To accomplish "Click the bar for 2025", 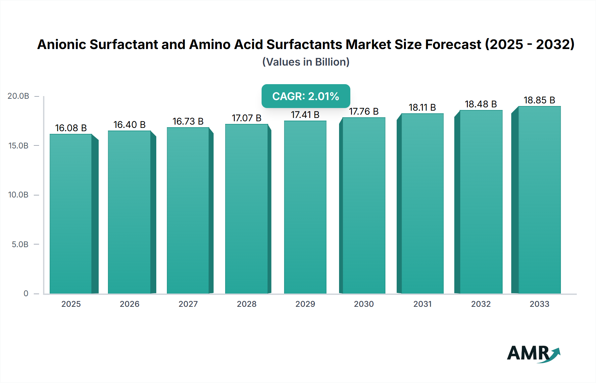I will point(71,214).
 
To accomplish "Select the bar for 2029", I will point(305,207).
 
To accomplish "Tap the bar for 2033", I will point(539,200).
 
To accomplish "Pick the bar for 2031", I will point(422,203).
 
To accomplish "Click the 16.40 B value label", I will point(129,125).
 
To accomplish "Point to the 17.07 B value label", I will point(246,118).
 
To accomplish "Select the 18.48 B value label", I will point(481,104).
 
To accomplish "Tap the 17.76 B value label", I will point(364,111).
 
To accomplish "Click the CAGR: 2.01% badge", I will point(306,96).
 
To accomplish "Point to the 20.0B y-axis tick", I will point(19,96).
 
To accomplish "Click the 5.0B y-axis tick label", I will point(20,245).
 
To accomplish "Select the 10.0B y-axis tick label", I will point(19,195).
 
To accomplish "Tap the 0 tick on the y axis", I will point(26,294).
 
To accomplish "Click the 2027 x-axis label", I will point(188,304).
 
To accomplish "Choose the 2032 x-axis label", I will point(481,304).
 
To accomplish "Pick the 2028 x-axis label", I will point(246,304).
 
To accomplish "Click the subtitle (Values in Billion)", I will point(306,62).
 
